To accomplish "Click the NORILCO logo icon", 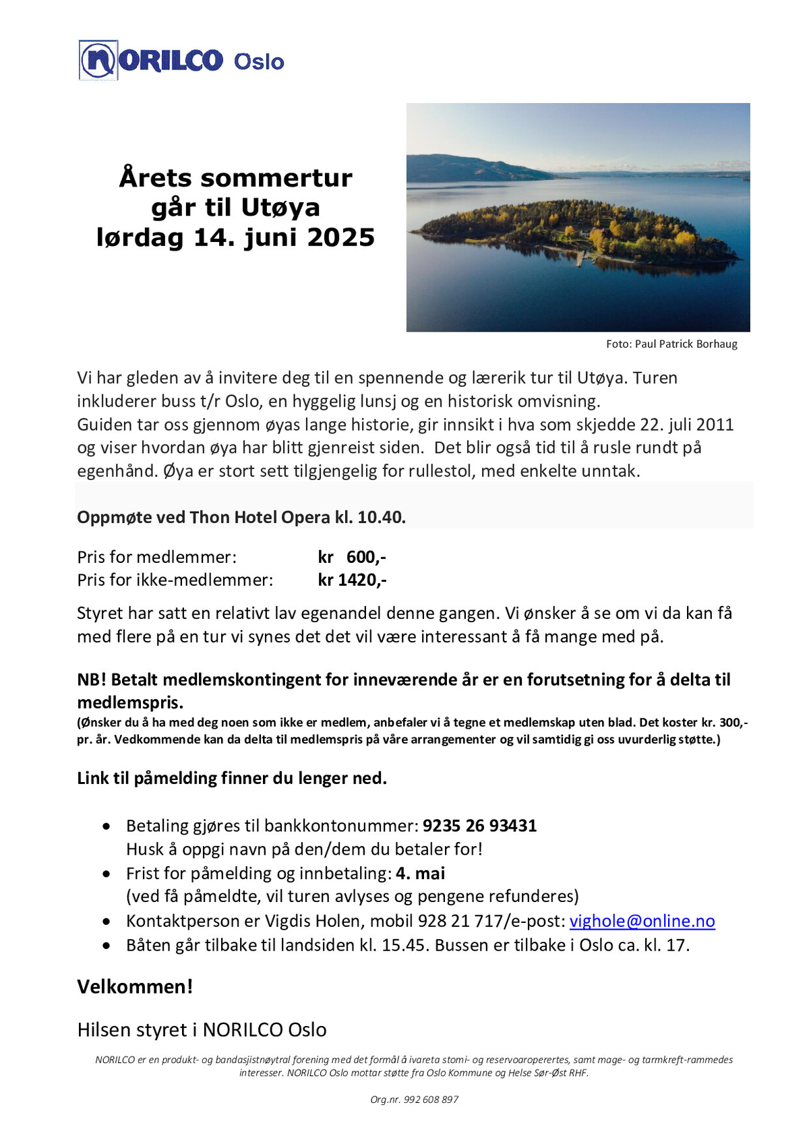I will coord(98,61).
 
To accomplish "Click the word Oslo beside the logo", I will coord(259,62).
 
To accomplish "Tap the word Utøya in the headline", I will coord(280,207).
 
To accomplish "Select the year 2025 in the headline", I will coord(340,237).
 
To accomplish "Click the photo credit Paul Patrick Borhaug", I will coord(686,344).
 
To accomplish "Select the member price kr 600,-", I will coord(352,557).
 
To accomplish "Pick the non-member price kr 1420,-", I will coord(352,580).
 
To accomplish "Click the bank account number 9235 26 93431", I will coord(479,826).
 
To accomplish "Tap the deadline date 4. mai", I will coord(421,874).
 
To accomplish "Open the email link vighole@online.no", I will coord(642,921).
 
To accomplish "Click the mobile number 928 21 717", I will coord(460,921).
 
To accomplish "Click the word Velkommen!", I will coord(135,986).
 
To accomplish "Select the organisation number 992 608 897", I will coord(431,1100).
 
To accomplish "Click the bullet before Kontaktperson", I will coord(107,922).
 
